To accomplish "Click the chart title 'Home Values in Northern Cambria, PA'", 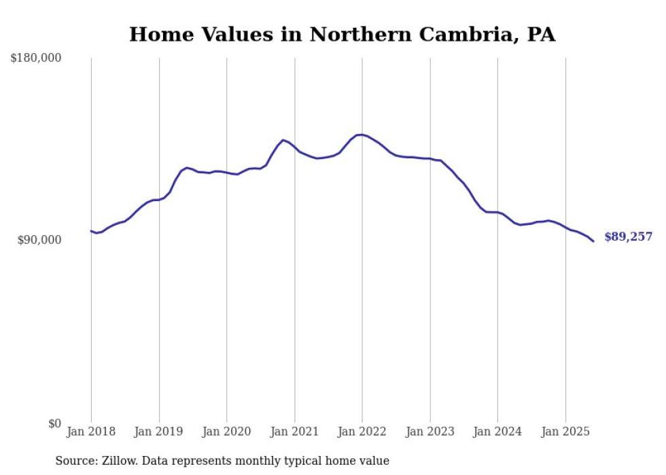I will (342, 34).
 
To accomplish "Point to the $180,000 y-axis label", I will (36, 58).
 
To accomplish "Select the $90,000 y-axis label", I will (39, 240).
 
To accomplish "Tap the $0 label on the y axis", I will (54, 423).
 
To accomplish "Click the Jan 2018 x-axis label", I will (91, 432).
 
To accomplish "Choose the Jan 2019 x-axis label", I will (159, 432).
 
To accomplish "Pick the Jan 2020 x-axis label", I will (227, 432).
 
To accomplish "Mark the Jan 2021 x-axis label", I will (294, 432).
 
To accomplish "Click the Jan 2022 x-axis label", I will (362, 432).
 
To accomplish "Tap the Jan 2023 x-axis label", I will (430, 432).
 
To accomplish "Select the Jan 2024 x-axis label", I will (497, 432).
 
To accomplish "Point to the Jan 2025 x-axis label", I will (565, 432).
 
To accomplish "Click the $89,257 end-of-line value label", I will (628, 237).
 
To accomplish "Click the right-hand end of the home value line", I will (593, 241).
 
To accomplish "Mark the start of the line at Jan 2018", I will (91, 231).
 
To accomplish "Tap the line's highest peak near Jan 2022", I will (360, 135).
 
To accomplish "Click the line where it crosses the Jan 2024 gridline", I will (497, 213).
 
